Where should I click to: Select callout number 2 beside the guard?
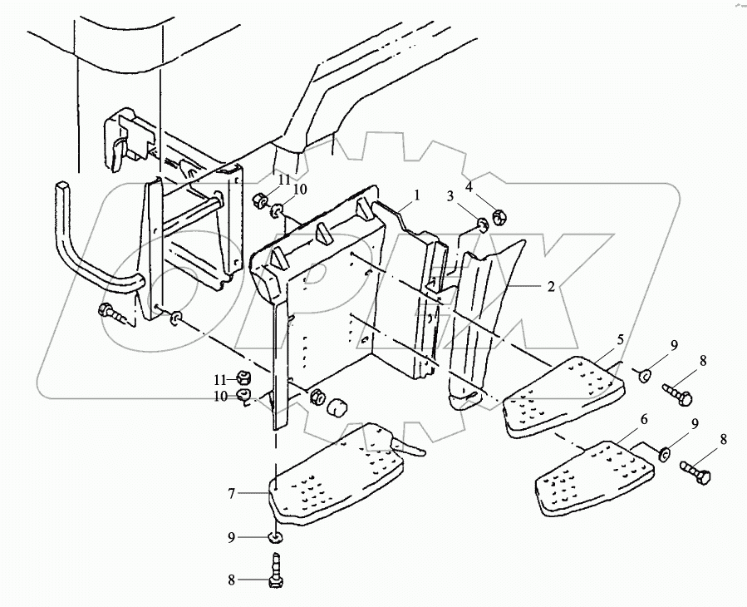pyautogui.click(x=550, y=286)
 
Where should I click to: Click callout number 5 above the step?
pyautogui.click(x=620, y=340)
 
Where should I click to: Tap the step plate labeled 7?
pyautogui.click(x=337, y=474)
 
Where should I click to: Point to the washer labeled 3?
pyautogui.click(x=482, y=224)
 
